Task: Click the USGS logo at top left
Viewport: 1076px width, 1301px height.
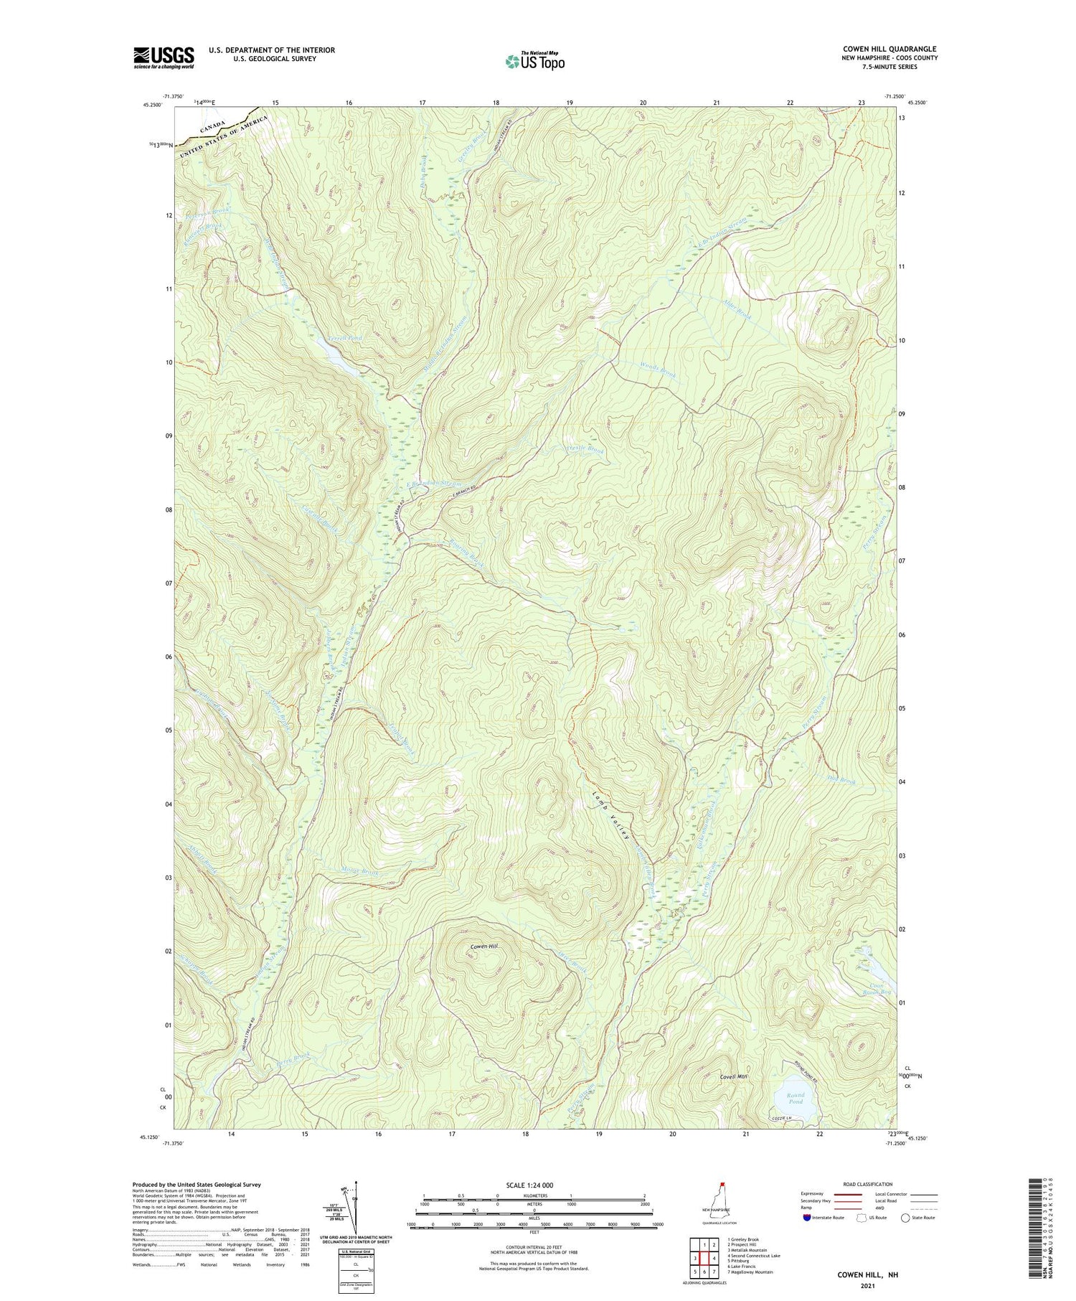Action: (164, 57)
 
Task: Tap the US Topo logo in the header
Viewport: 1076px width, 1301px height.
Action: (534, 62)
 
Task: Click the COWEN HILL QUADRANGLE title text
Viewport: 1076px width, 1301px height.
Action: (889, 49)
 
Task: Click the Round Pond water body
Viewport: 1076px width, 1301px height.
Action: (796, 1109)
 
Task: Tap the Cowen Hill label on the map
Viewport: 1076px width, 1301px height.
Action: (484, 947)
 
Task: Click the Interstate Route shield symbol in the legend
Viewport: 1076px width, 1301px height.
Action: (806, 1218)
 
